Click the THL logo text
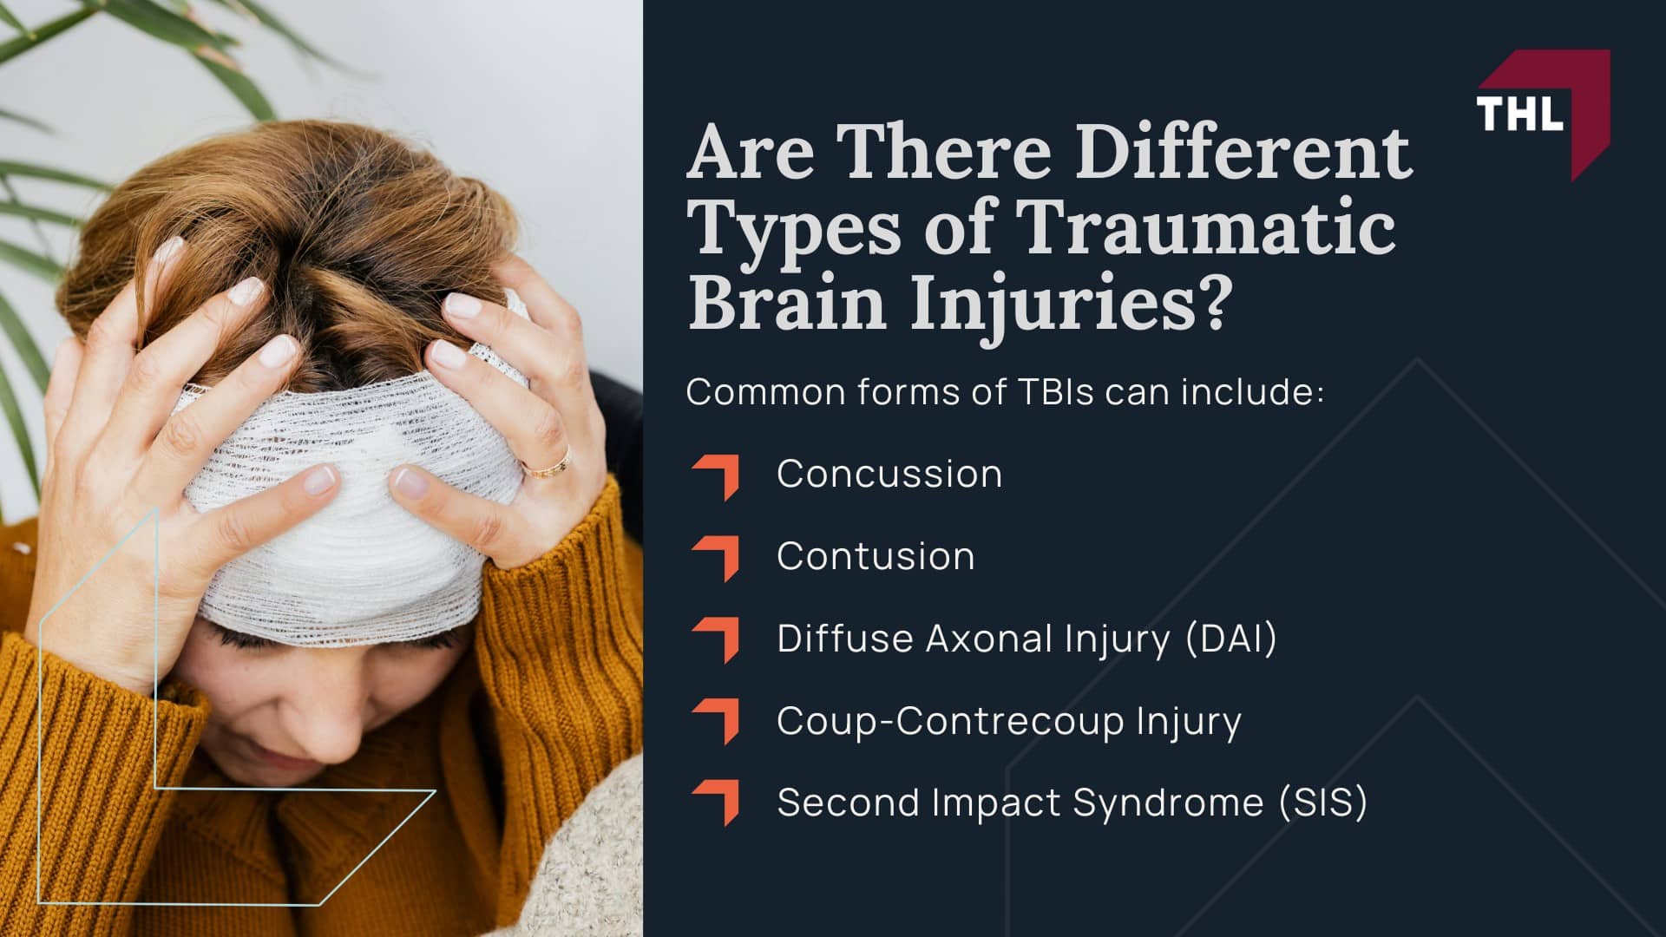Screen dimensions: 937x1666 click(1519, 114)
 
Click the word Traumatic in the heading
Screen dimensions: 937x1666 click(1206, 227)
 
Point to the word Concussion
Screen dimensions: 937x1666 click(889, 474)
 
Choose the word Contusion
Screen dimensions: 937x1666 click(876, 556)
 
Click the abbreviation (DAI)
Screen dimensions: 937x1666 click(1231, 639)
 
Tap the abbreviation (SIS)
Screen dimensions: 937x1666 click(1323, 803)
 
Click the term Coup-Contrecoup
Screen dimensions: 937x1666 click(950, 721)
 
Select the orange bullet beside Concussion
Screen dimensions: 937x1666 click(718, 476)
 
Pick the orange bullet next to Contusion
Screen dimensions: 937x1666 click(718, 558)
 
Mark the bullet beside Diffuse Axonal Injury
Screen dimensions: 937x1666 click(718, 639)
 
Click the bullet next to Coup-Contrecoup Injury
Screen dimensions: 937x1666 click(718, 721)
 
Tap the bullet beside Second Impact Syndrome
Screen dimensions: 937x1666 click(718, 803)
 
